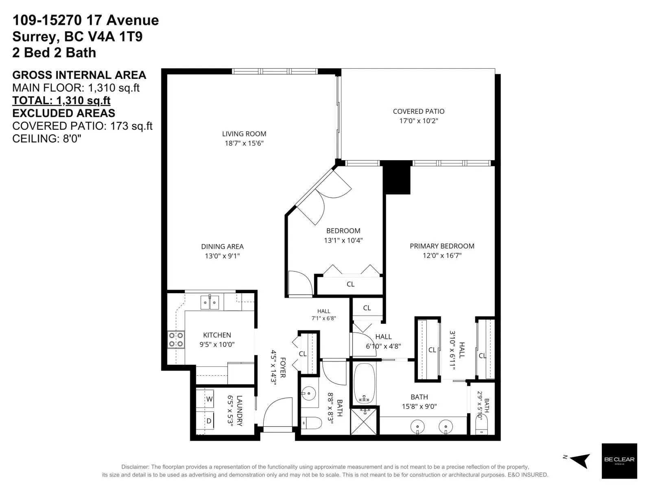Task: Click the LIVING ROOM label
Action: tap(244, 134)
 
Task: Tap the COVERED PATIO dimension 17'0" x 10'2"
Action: tap(419, 121)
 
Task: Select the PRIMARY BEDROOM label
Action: tap(442, 246)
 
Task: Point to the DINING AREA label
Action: tap(222, 246)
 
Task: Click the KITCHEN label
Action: tap(217, 335)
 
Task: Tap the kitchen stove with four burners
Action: tap(176, 340)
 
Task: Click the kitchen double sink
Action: tap(210, 303)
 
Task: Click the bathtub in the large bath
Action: tap(365, 383)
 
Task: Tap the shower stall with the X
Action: tap(365, 421)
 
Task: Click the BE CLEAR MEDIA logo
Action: tap(619, 461)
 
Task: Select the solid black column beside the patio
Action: tap(397, 178)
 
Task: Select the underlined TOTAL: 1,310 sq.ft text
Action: tap(61, 101)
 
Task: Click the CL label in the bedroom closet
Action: tap(350, 284)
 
